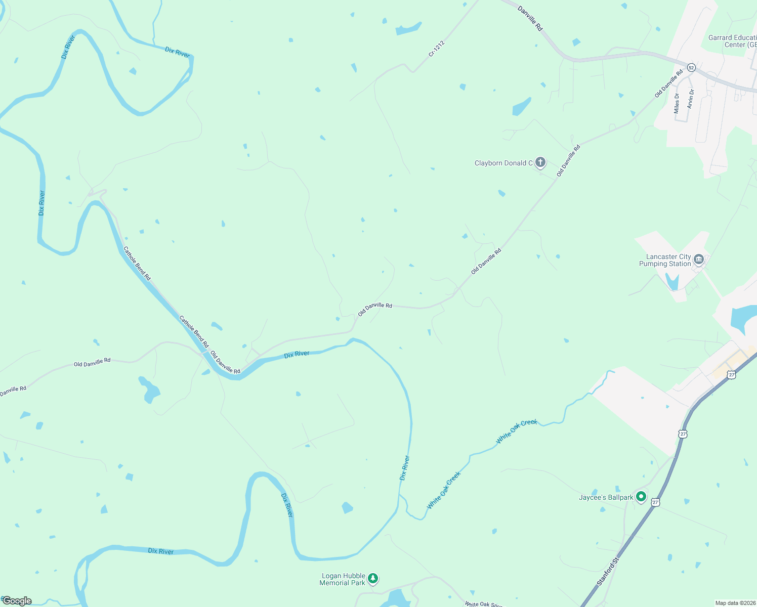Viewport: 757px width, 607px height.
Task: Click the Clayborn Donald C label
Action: [503, 163]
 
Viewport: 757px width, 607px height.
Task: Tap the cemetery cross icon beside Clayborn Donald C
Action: [540, 162]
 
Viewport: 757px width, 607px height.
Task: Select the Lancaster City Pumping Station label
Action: [665, 260]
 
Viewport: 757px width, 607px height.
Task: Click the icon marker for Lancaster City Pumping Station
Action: [699, 259]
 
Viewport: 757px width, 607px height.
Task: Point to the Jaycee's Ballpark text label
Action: [606, 497]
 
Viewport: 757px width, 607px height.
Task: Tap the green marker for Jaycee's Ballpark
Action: [641, 497]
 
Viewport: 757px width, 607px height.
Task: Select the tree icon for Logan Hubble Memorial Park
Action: [373, 578]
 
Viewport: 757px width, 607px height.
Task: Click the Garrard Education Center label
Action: [732, 41]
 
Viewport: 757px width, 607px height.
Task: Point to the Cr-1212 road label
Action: [436, 49]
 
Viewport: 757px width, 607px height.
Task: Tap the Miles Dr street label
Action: [677, 103]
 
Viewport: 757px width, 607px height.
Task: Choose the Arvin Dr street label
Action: [690, 99]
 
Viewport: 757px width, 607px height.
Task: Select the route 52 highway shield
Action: [691, 67]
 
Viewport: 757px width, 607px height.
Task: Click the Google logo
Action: [17, 601]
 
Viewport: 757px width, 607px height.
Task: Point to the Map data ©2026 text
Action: [735, 603]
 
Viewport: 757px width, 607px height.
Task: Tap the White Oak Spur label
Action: [483, 604]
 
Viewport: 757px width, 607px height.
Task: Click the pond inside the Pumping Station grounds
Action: [672, 282]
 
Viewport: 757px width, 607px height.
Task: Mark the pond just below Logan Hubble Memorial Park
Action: [395, 599]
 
